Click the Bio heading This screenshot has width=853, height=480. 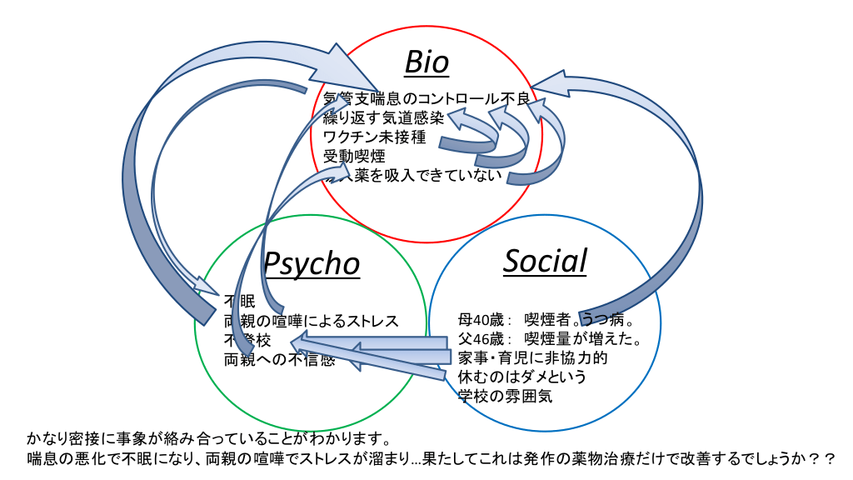426,62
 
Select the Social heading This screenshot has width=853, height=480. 546,261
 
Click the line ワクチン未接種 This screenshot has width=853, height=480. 374,136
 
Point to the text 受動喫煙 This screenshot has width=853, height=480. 354,155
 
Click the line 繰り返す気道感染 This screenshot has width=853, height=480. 383,117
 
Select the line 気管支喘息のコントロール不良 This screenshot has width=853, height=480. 426,99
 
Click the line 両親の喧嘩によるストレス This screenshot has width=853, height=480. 311,321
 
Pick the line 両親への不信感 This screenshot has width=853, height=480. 279,360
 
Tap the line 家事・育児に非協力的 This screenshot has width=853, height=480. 532,358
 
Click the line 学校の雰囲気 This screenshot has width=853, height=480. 505,397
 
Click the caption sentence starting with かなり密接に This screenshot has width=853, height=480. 208,439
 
